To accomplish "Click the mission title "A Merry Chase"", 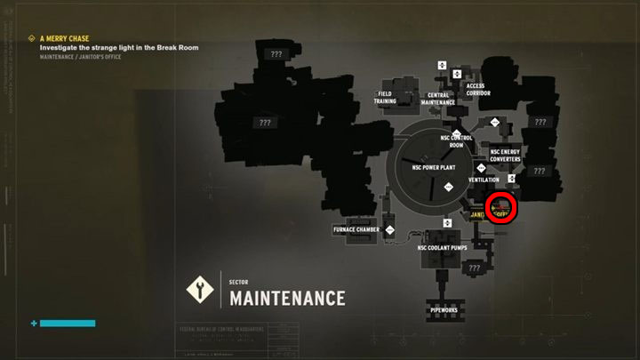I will (65, 38).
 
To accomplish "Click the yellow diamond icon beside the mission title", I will (32, 38).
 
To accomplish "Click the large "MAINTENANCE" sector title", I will (287, 298).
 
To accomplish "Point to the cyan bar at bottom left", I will (68, 323).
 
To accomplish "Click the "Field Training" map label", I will (385, 97).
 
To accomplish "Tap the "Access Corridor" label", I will (477, 90).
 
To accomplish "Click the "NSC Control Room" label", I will (456, 140).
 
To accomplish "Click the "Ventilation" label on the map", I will (484, 180).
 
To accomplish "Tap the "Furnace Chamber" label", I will (356, 229).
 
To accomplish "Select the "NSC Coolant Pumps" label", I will (441, 248).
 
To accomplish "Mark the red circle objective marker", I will (503, 207).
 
